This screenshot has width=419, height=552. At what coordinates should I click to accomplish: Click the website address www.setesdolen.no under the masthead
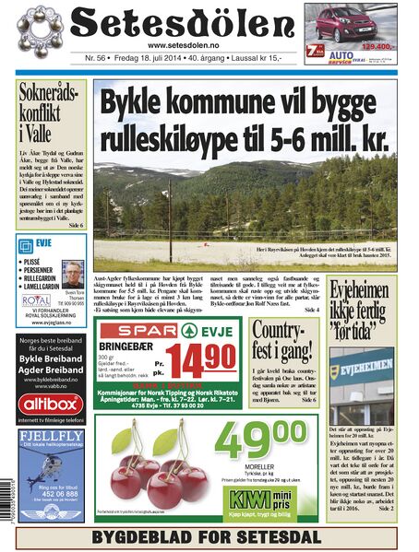[182, 46]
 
